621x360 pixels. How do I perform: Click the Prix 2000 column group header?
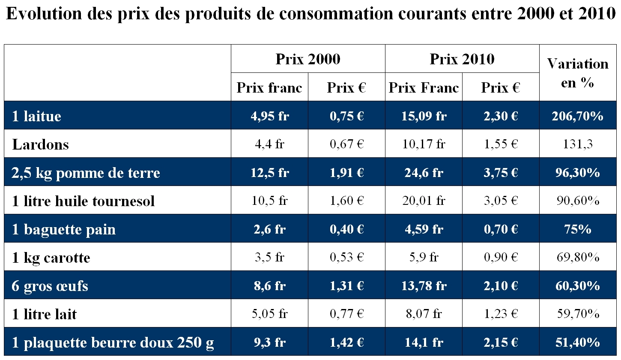pyautogui.click(x=308, y=59)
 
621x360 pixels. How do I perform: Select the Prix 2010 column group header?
pyautogui.click(x=462, y=59)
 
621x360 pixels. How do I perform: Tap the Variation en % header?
pyautogui.click(x=577, y=73)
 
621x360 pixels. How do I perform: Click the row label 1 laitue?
pyautogui.click(x=37, y=116)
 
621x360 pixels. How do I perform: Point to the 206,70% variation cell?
pyautogui.click(x=577, y=116)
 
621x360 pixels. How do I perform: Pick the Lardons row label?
pyautogui.click(x=41, y=144)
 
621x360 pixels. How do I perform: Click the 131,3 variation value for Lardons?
pyautogui.click(x=577, y=144)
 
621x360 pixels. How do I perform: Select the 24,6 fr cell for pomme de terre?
pyautogui.click(x=424, y=173)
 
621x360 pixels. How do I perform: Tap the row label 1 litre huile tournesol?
pyautogui.click(x=84, y=201)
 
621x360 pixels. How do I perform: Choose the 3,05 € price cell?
pyautogui.click(x=500, y=201)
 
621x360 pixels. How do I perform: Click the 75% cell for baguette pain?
pyautogui.click(x=577, y=229)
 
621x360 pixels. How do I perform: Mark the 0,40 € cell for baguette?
pyautogui.click(x=346, y=229)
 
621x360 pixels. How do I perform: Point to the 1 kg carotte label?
pyautogui.click(x=51, y=258)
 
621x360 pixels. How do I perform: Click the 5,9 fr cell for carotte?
pyautogui.click(x=424, y=258)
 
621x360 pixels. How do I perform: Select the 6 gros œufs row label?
pyautogui.click(x=50, y=286)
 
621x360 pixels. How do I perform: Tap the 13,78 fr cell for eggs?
pyautogui.click(x=424, y=286)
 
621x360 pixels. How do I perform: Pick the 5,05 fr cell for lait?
pyautogui.click(x=269, y=314)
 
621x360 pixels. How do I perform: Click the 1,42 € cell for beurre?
pyautogui.click(x=346, y=342)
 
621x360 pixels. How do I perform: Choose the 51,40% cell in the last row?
pyautogui.click(x=577, y=342)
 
